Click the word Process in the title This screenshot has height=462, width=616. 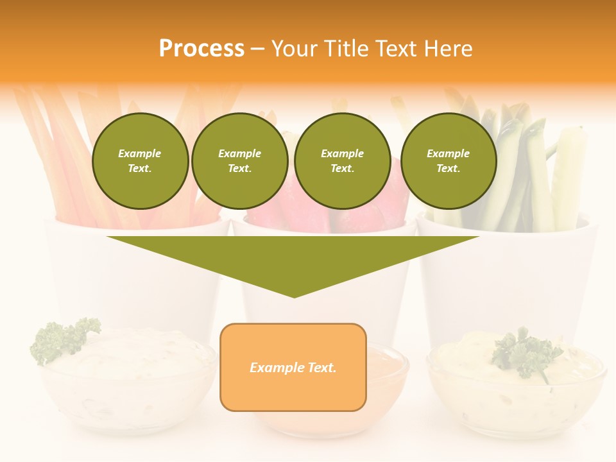coord(201,49)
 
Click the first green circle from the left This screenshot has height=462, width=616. coord(141,161)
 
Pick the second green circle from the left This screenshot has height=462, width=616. coord(240,161)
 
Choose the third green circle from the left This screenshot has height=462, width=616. coord(343,161)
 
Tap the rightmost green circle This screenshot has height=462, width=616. coord(449,161)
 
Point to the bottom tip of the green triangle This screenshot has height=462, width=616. coord(295,296)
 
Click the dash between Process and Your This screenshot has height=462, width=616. coord(257,49)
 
